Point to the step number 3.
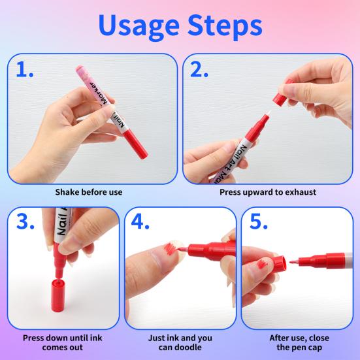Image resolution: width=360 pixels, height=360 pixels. pyautogui.click(x=25, y=223)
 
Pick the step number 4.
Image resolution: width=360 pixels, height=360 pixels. pyautogui.click(x=141, y=223)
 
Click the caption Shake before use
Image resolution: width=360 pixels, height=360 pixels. pyautogui.click(x=88, y=192)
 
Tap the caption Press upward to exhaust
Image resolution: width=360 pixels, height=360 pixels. pyautogui.click(x=268, y=192)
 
